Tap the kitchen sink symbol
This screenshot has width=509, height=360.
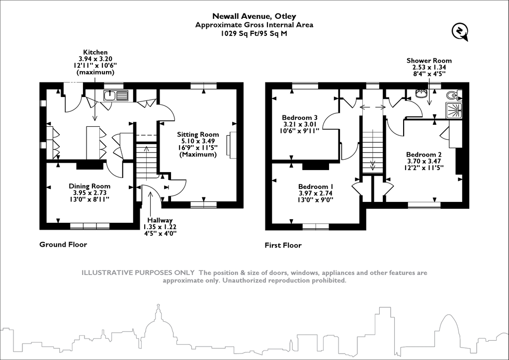(x=116, y=95)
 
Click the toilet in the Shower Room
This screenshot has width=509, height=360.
(x=452, y=95)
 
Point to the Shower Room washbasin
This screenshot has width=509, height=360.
(x=422, y=93)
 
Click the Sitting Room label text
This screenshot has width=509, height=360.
(x=198, y=134)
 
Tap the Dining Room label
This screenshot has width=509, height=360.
(x=89, y=186)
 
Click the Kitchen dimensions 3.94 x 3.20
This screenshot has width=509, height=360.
(x=95, y=59)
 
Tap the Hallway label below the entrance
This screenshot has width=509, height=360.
(x=159, y=220)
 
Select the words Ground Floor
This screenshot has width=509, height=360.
(x=63, y=244)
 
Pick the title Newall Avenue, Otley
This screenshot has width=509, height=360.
(x=254, y=16)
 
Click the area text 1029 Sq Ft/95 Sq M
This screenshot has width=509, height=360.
(x=254, y=33)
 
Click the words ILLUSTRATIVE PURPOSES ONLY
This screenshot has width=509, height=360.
(x=138, y=273)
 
